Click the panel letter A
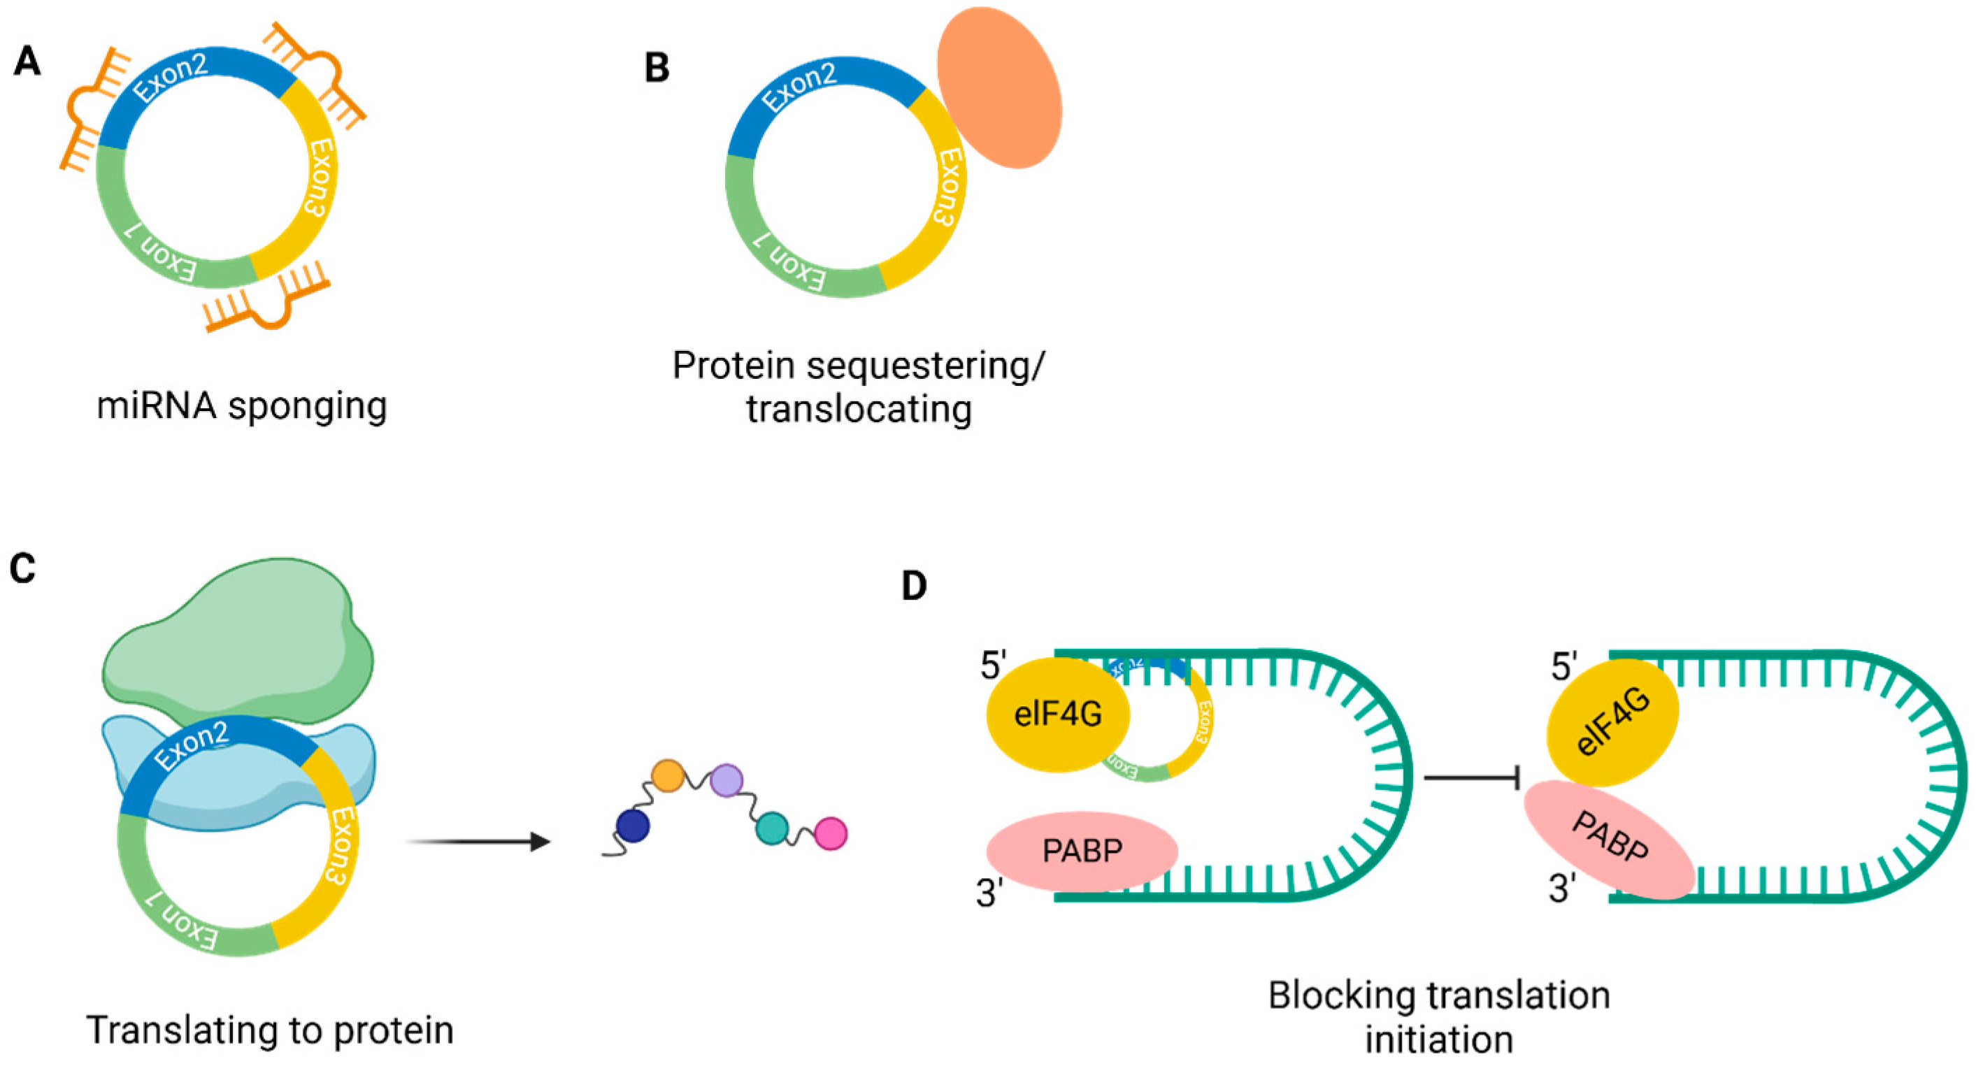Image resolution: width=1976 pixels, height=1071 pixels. click(27, 62)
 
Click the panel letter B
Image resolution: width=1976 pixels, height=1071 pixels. click(657, 69)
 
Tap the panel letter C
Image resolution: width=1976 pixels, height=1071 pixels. click(23, 568)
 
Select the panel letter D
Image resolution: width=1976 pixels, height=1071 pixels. click(914, 586)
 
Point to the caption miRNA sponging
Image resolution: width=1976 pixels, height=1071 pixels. click(242, 406)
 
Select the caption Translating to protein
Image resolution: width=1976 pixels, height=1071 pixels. click(270, 1030)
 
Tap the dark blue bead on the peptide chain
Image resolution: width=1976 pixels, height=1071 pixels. click(633, 826)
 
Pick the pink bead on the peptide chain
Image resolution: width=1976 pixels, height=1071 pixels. click(831, 833)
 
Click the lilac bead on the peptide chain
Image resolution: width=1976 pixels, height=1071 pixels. click(726, 780)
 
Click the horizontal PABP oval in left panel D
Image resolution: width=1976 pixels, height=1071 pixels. click(1082, 850)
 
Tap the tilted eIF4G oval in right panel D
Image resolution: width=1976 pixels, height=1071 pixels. click(1611, 722)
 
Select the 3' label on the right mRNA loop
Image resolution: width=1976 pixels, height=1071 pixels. click(1560, 889)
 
